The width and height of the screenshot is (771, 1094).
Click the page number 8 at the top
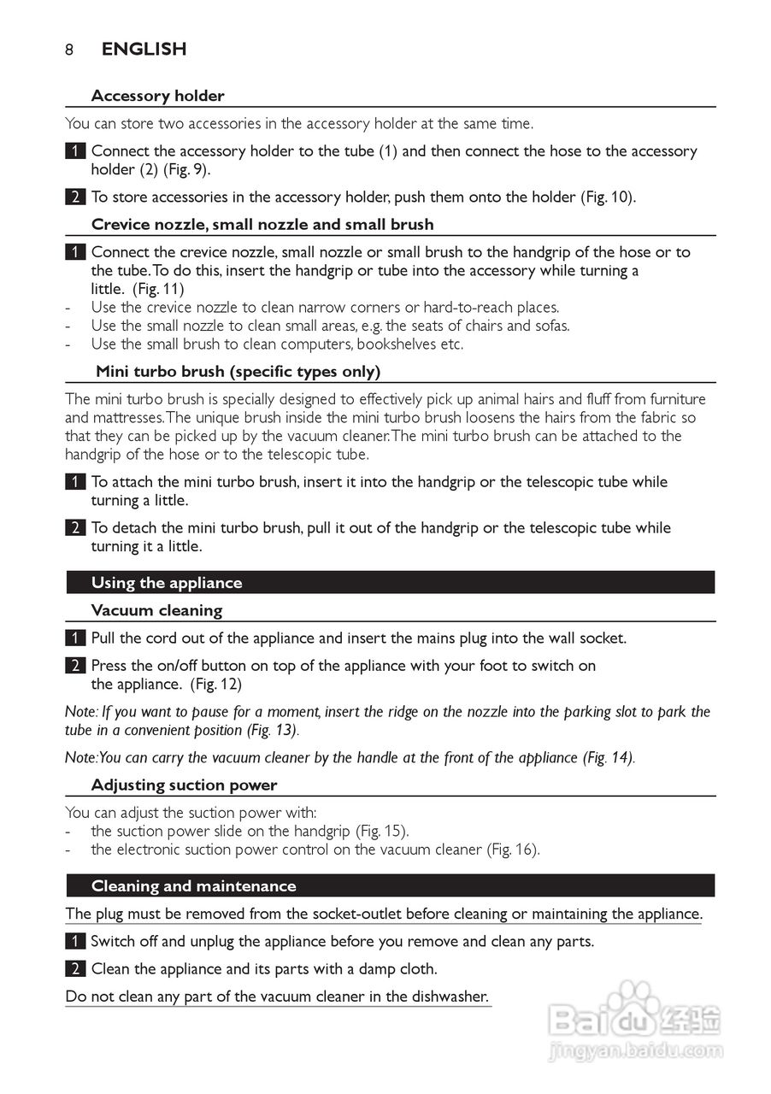click(69, 50)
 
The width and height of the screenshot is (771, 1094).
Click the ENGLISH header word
click(144, 50)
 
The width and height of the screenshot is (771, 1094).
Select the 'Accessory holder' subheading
click(157, 96)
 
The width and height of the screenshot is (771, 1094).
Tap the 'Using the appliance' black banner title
click(167, 583)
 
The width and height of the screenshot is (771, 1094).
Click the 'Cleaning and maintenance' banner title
click(193, 886)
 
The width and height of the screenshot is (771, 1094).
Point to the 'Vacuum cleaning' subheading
click(156, 610)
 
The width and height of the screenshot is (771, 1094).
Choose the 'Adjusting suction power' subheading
click(184, 785)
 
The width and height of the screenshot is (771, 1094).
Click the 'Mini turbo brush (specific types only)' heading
click(238, 371)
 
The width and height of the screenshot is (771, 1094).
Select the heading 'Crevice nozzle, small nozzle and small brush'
click(262, 224)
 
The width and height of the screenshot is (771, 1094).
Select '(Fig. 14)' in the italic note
click(608, 757)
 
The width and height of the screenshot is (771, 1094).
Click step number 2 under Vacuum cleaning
click(75, 666)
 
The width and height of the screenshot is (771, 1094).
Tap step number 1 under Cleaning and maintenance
click(75, 942)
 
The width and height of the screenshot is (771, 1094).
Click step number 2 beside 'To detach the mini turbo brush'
click(75, 528)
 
